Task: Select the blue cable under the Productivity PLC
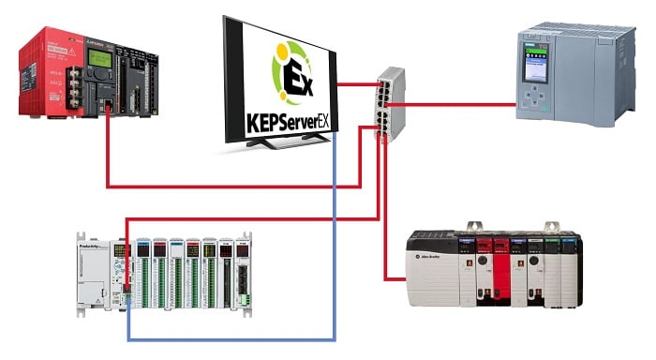click(234, 337)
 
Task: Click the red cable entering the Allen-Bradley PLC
click(394, 278)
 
